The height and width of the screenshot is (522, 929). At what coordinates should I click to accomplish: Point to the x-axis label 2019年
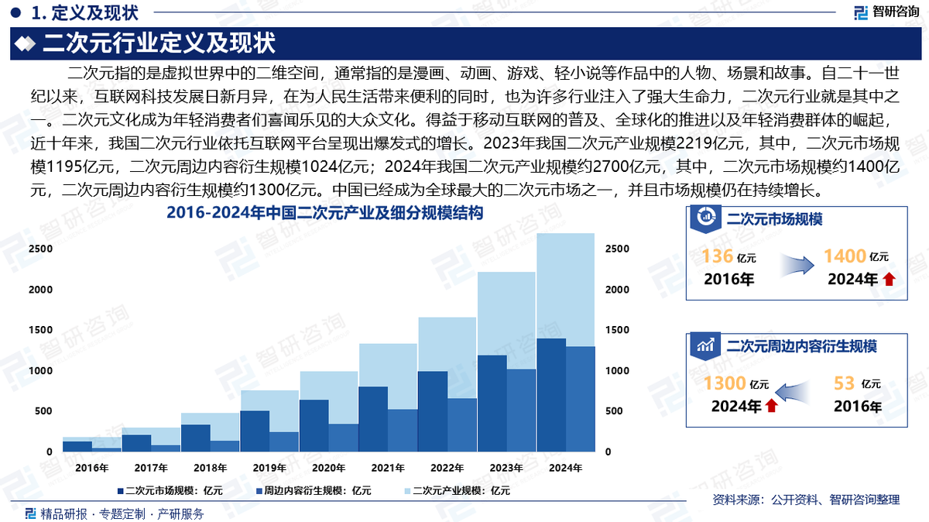click(x=269, y=468)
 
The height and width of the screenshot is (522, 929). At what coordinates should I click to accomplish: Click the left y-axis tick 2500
click(x=41, y=249)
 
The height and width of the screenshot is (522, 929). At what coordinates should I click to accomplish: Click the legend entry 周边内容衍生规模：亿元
click(x=313, y=490)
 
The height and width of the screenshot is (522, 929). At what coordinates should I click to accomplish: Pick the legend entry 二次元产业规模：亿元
click(x=456, y=490)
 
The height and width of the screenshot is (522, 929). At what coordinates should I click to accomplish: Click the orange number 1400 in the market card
click(x=844, y=256)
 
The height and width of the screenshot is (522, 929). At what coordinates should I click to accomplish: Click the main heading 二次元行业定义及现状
click(x=159, y=43)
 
